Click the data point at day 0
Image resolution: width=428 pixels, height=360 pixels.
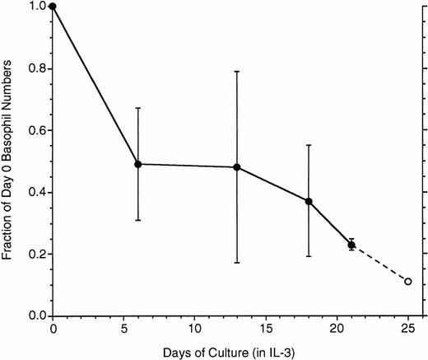(53, 7)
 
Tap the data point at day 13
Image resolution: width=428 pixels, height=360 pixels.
(237, 167)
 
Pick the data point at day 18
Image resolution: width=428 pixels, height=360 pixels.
(309, 201)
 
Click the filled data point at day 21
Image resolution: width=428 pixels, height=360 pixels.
(351, 244)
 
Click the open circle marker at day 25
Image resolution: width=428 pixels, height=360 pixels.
(407, 282)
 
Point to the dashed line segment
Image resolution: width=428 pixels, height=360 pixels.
(379, 263)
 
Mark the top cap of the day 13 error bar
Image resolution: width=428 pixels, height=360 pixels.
(237, 72)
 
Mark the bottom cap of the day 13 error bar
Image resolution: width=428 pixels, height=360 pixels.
(237, 262)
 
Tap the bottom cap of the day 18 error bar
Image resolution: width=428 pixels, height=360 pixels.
(309, 256)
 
